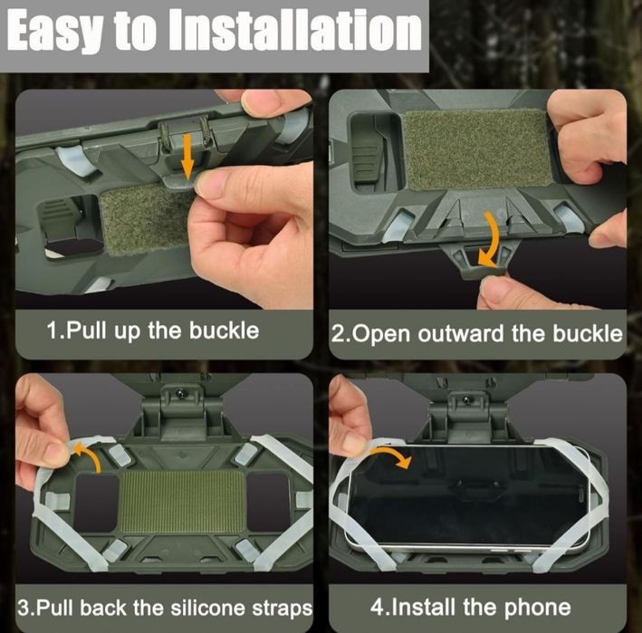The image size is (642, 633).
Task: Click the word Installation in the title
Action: coord(295,30)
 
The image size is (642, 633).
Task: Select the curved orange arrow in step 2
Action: coord(493,239)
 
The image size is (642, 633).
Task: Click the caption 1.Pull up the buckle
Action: coord(153,331)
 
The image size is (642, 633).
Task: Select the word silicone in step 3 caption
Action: coord(208,608)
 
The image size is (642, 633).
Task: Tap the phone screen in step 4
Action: coord(466,494)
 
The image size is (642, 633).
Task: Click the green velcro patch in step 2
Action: coord(477,150)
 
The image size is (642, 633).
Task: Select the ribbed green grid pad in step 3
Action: coord(181,501)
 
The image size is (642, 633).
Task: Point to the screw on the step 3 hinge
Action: coord(180,394)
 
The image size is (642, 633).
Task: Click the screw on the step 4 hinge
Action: coord(466,398)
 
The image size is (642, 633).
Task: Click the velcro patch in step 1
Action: coord(146,219)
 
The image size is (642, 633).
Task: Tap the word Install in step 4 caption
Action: coord(423,607)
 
